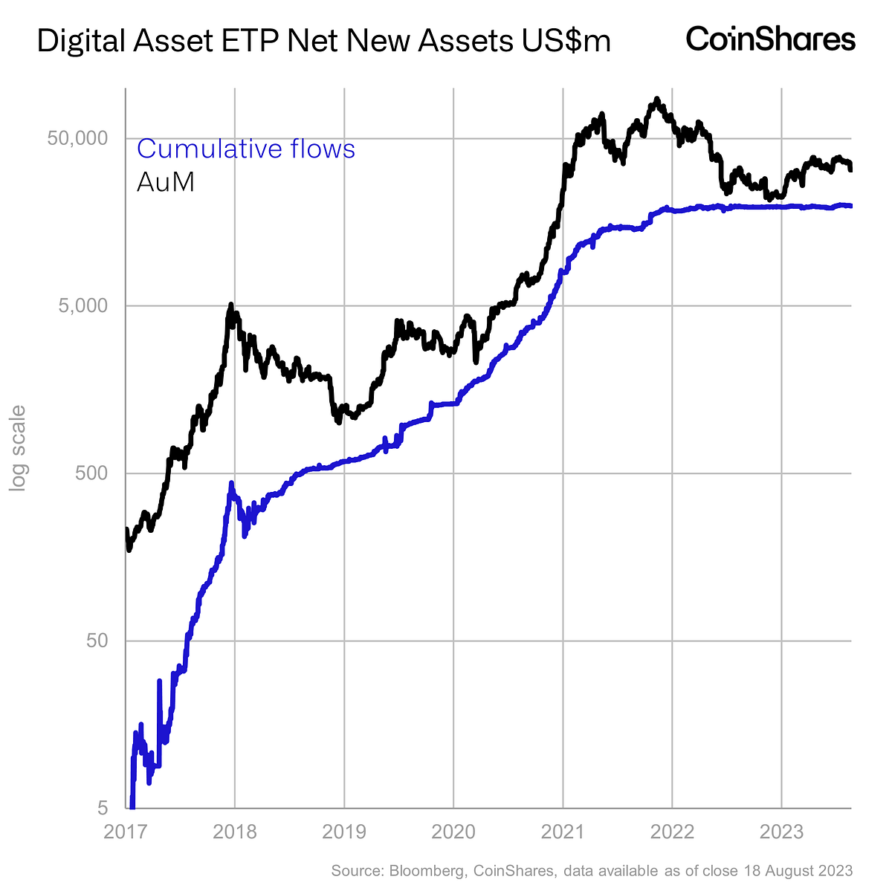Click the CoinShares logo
coord(771,39)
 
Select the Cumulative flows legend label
coord(246,149)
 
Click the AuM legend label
coord(165,182)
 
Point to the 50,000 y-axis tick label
coord(79,138)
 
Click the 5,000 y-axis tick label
coord(83,305)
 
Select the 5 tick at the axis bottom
coord(103,808)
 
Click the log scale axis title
coord(17,447)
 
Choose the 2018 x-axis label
coord(235,831)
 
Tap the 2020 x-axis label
coord(453,831)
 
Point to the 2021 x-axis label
coord(563,831)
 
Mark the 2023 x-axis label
coord(781,831)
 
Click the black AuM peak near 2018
coord(231,305)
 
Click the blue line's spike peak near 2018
coord(231,484)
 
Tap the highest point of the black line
coord(656,99)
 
